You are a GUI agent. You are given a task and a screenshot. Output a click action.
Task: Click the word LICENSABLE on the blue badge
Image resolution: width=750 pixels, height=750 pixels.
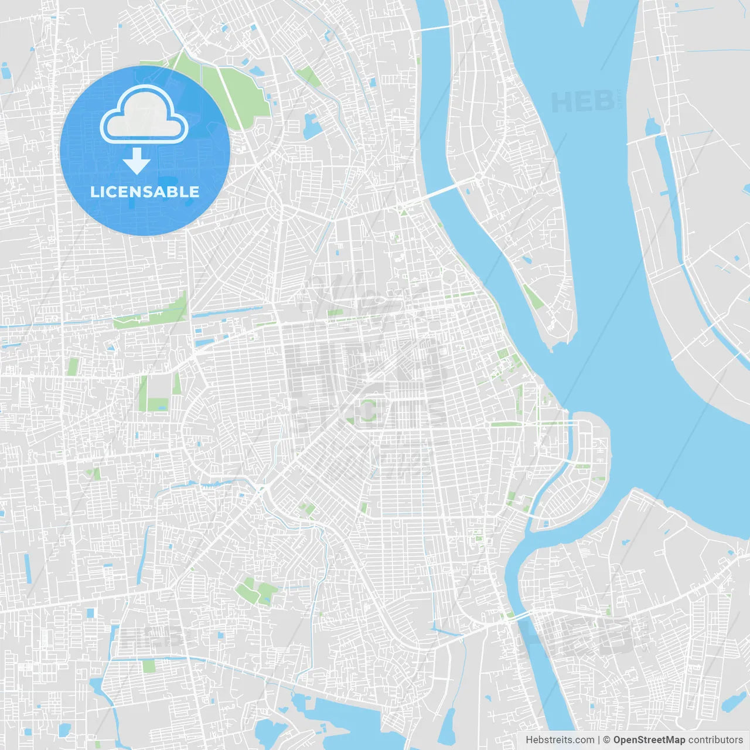(x=145, y=192)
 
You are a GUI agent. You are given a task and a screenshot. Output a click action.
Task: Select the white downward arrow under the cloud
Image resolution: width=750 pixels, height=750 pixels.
(x=137, y=161)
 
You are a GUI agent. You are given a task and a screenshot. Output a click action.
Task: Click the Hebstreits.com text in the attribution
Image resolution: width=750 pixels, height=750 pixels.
(x=560, y=740)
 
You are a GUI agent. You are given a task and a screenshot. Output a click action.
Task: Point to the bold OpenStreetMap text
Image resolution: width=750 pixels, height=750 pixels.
(x=649, y=740)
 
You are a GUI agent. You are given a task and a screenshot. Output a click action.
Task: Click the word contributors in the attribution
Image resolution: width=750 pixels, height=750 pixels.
(x=715, y=740)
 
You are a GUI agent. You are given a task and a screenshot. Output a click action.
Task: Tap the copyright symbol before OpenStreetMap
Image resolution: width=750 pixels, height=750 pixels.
(x=606, y=740)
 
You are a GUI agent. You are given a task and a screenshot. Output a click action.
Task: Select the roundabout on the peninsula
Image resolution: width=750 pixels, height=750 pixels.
(x=479, y=175)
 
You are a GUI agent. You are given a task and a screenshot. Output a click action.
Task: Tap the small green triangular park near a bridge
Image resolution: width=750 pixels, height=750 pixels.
(x=403, y=211)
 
